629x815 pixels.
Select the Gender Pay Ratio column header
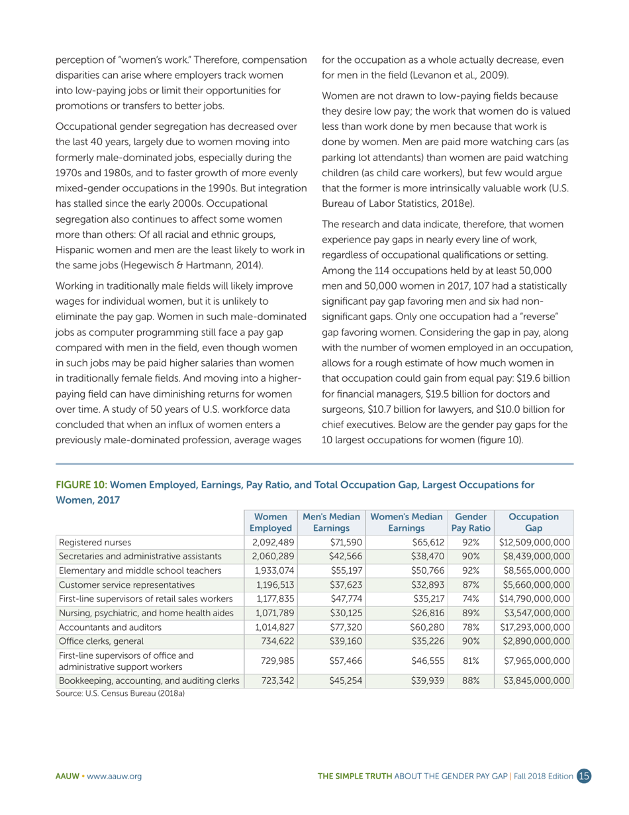(x=471, y=522)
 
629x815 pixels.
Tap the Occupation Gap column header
(x=533, y=522)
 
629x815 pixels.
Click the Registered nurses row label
(x=95, y=542)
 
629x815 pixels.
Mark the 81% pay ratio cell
(x=471, y=661)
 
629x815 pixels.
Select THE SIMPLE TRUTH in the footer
(x=354, y=777)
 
